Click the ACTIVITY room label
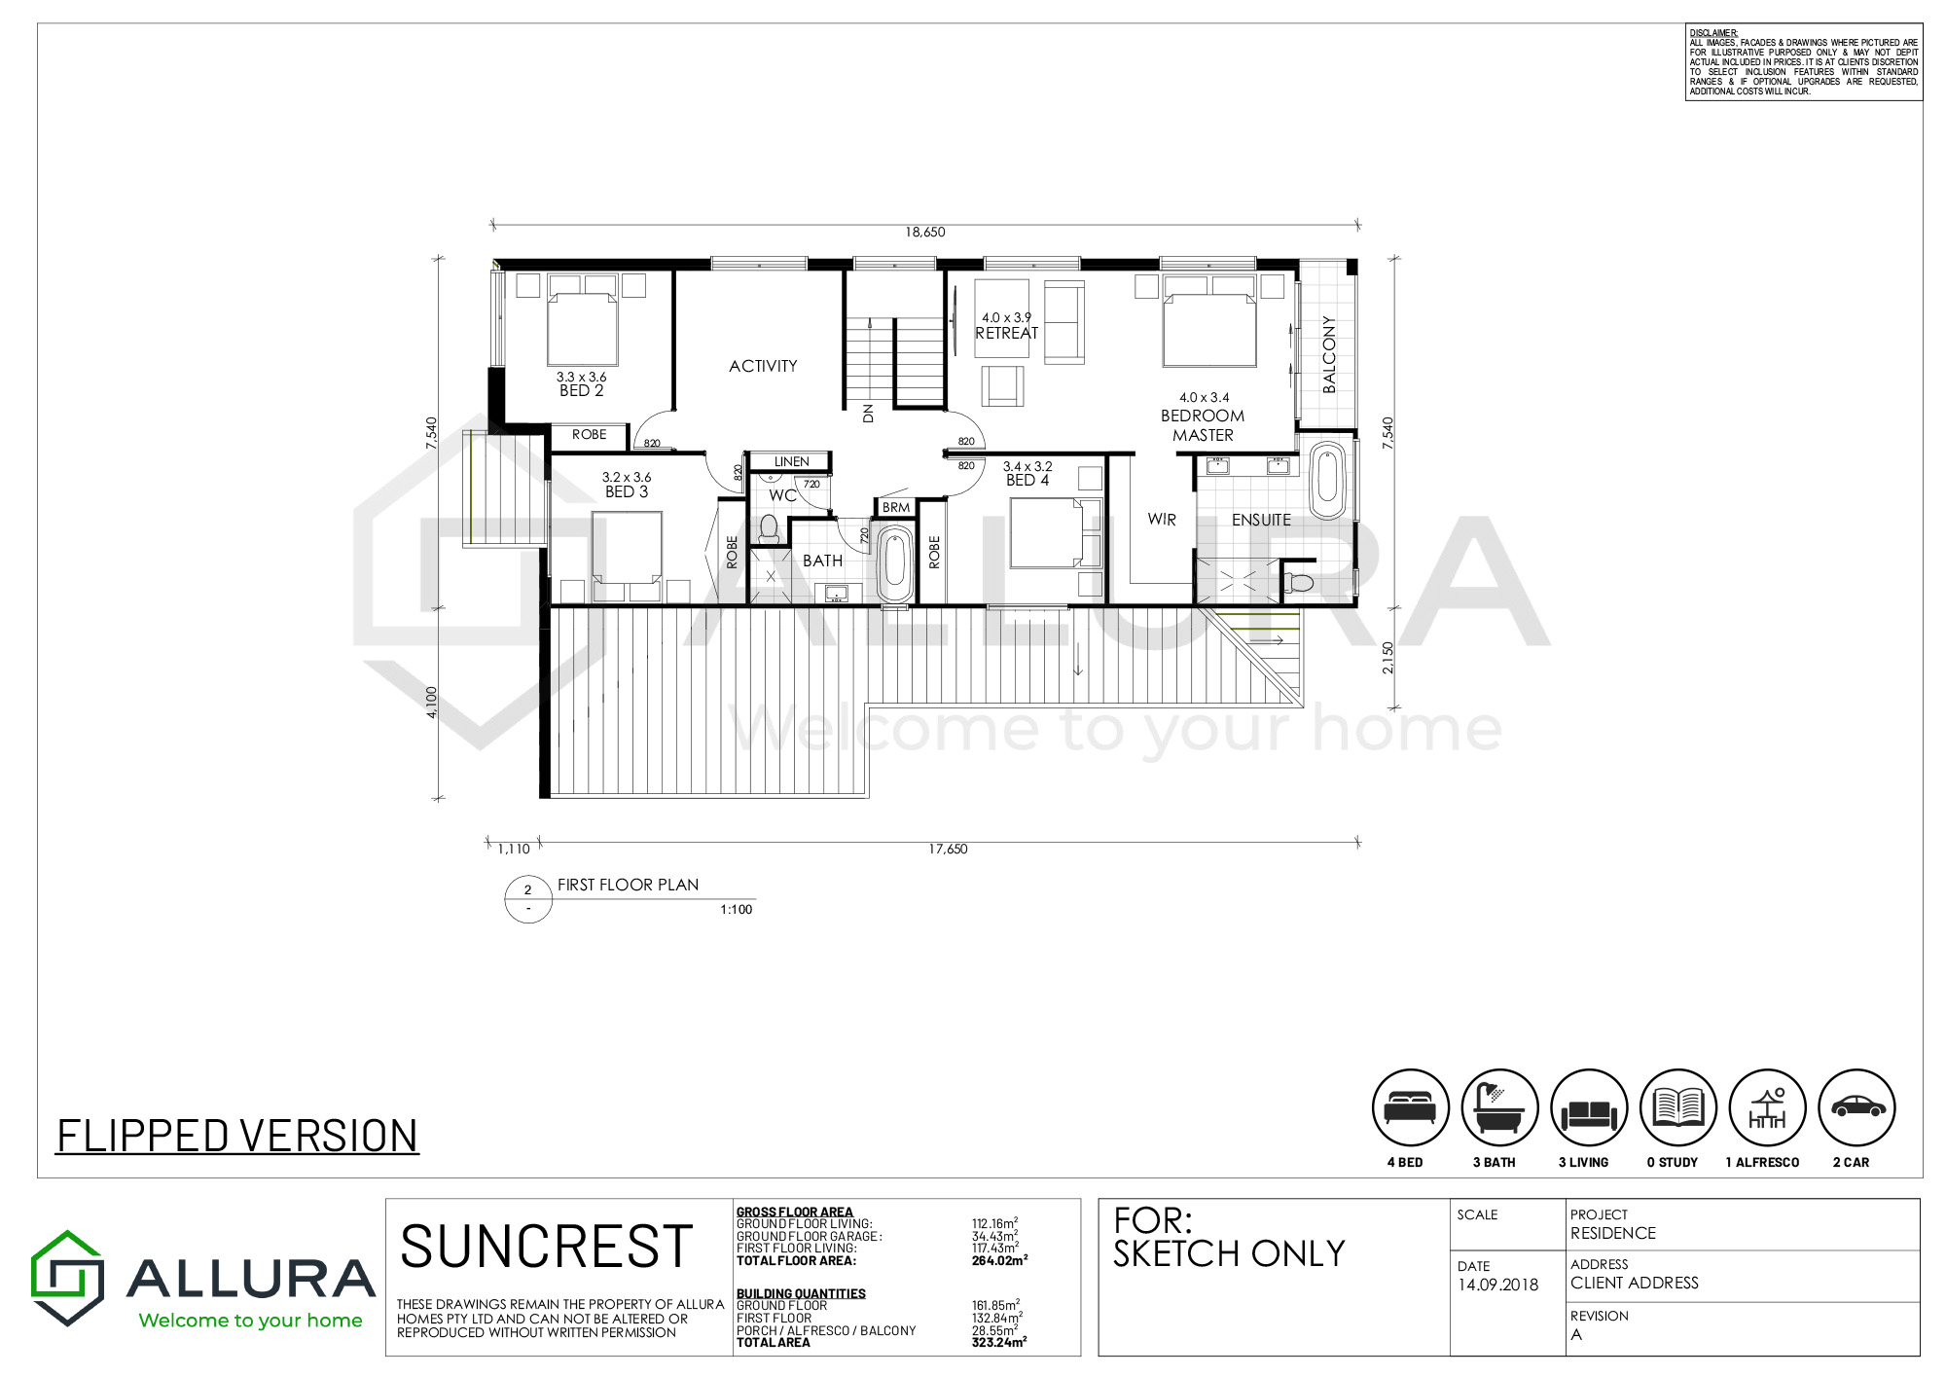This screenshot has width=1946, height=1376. [x=763, y=366]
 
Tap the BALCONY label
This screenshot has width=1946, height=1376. [x=1329, y=354]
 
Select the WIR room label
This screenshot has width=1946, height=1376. [x=1162, y=520]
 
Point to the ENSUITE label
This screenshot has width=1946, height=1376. [x=1261, y=520]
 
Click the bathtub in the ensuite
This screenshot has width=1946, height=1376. [x=1327, y=481]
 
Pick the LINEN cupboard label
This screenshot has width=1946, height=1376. [x=791, y=461]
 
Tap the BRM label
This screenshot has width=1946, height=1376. [x=896, y=507]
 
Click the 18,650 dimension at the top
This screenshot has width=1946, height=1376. [x=924, y=232]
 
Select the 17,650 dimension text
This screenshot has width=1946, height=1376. [x=948, y=849]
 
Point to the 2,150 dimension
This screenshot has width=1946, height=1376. [x=1387, y=658]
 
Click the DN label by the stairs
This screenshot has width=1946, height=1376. [x=868, y=413]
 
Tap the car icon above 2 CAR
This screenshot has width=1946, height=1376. [x=1857, y=1107]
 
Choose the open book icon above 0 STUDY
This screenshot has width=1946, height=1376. [x=1678, y=1107]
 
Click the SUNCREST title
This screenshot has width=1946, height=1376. [x=547, y=1247]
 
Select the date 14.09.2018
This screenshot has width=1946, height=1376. [x=1497, y=1285]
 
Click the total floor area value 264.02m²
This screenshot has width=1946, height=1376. [x=999, y=1260]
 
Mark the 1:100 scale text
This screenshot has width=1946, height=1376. [x=737, y=909]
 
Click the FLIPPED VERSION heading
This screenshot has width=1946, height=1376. [x=237, y=1136]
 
